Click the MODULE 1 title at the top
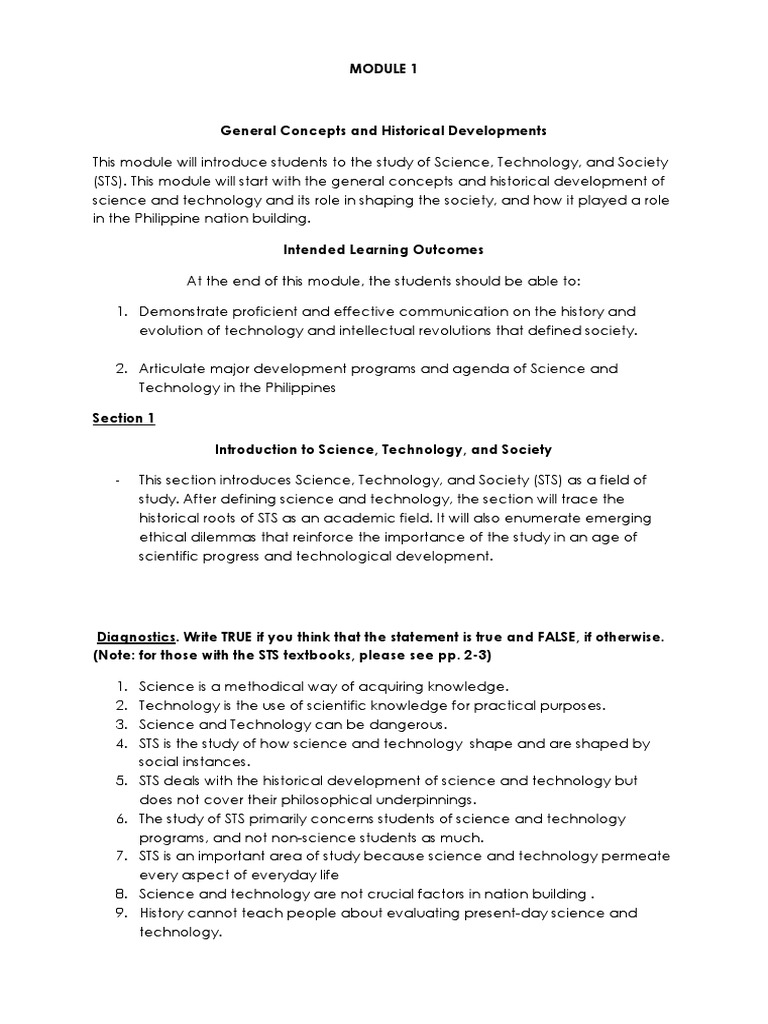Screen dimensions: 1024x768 (x=384, y=68)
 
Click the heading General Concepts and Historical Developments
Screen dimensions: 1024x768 (x=383, y=130)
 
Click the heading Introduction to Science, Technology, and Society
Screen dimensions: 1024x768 (x=384, y=450)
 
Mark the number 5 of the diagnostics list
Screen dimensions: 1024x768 (x=118, y=780)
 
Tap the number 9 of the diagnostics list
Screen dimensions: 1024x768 (x=118, y=913)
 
